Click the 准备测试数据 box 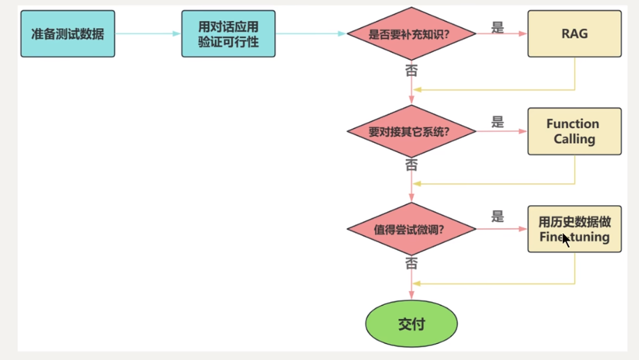click(68, 33)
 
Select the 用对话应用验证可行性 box click(228, 33)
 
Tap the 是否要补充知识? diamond click(411, 33)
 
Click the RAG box click(574, 33)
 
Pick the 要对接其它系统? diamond click(411, 131)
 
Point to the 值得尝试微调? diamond click(411, 229)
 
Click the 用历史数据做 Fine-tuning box click(574, 229)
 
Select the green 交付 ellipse click(411, 324)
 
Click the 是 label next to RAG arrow click(497, 27)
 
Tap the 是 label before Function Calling click(497, 122)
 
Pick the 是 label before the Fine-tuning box click(497, 216)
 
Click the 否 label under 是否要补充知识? click(412, 70)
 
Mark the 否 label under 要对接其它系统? click(412, 165)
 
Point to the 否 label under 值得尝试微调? click(412, 263)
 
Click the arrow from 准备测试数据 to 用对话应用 click(148, 33)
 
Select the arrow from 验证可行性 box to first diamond click(310, 33)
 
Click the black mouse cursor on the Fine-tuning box click(566, 240)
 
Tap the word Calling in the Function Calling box click(574, 139)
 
